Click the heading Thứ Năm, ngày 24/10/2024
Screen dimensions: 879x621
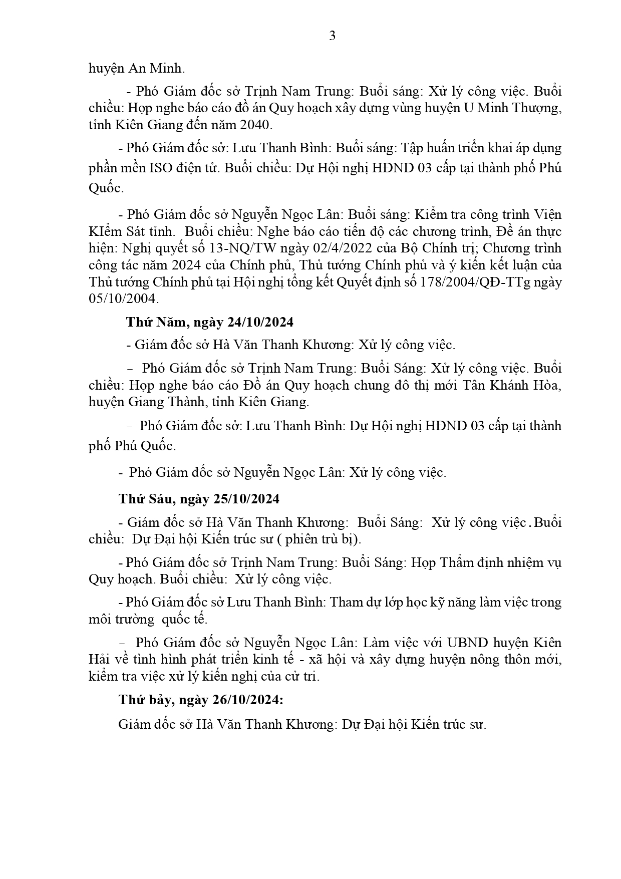pyautogui.click(x=209, y=322)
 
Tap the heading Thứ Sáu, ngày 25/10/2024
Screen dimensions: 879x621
pyautogui.click(x=199, y=499)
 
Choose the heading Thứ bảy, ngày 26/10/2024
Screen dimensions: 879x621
pyautogui.click(x=201, y=700)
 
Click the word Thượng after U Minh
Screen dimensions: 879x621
pyautogui.click(x=536, y=108)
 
